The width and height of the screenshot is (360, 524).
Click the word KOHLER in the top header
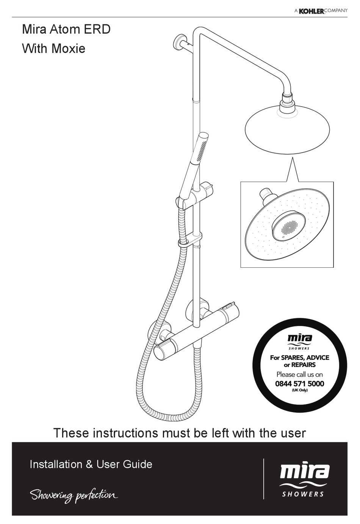pyautogui.click(x=311, y=11)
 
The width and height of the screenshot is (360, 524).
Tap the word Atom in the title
pyautogui.click(x=69, y=29)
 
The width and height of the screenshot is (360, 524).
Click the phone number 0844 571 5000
pyautogui.click(x=299, y=383)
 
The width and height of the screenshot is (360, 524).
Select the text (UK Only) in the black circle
pyautogui.click(x=299, y=390)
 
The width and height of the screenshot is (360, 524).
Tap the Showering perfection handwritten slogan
pyautogui.click(x=74, y=495)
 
